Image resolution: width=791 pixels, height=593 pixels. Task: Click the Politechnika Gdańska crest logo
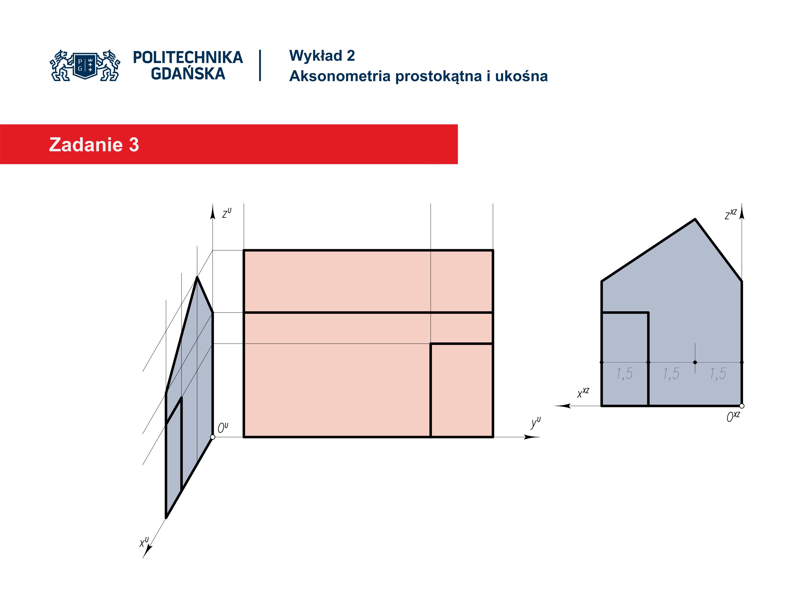pyautogui.click(x=85, y=65)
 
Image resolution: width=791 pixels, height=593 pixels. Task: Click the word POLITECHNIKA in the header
pyautogui.click(x=188, y=57)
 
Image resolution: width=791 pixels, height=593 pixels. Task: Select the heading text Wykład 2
pyautogui.click(x=322, y=56)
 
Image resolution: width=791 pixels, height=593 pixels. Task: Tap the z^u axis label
pyautogui.click(x=227, y=213)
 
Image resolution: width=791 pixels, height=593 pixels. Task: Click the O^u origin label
pyautogui.click(x=223, y=427)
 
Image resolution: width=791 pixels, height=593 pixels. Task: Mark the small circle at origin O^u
pyautogui.click(x=213, y=437)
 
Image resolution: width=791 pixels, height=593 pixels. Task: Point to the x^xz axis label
pyautogui.click(x=583, y=393)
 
